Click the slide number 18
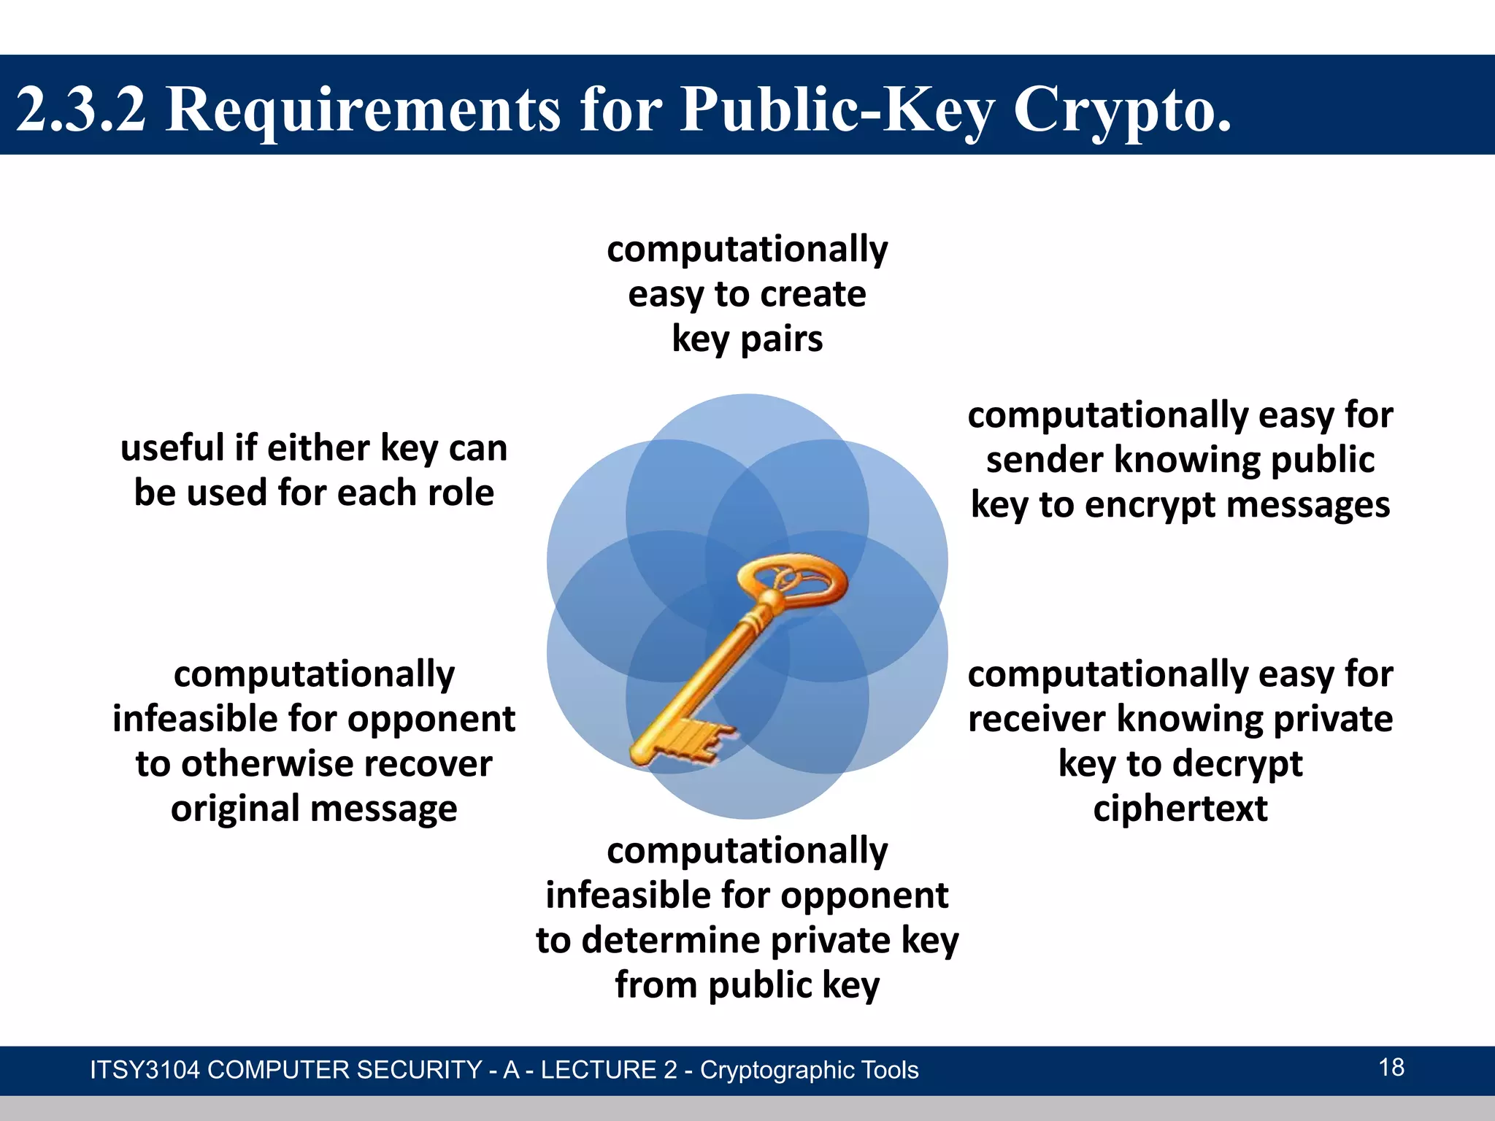click(x=1391, y=1067)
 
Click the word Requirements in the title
click(x=364, y=109)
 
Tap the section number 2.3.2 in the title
click(x=81, y=109)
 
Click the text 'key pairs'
click(x=747, y=339)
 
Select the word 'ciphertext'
click(x=1180, y=809)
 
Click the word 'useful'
click(x=172, y=447)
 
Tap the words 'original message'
click(x=314, y=809)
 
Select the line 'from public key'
click(x=747, y=985)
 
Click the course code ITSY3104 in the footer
click(x=144, y=1070)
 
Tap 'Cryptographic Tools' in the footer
click(x=809, y=1070)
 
